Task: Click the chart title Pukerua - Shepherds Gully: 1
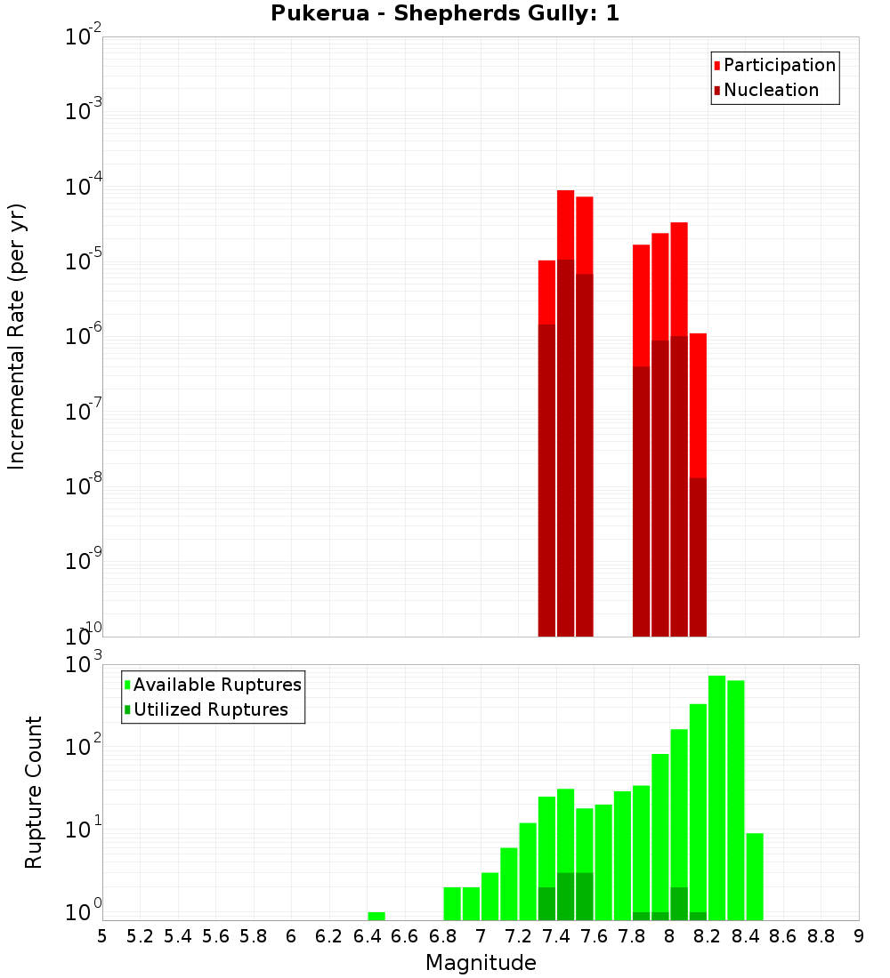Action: (445, 14)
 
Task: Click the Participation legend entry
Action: (780, 65)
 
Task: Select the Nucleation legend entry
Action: (771, 90)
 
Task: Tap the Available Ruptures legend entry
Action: (217, 685)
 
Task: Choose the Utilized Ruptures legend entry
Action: (210, 709)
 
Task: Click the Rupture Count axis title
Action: (34, 792)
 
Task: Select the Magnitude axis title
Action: (481, 963)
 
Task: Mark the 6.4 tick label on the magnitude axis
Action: (367, 936)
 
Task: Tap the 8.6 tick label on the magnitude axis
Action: (783, 936)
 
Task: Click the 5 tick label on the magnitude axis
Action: (102, 936)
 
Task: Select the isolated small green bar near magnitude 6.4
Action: (376, 916)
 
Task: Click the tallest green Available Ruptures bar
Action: (716, 798)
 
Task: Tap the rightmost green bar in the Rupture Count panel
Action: (755, 876)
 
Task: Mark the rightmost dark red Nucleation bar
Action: (698, 557)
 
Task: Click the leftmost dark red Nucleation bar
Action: (546, 480)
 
